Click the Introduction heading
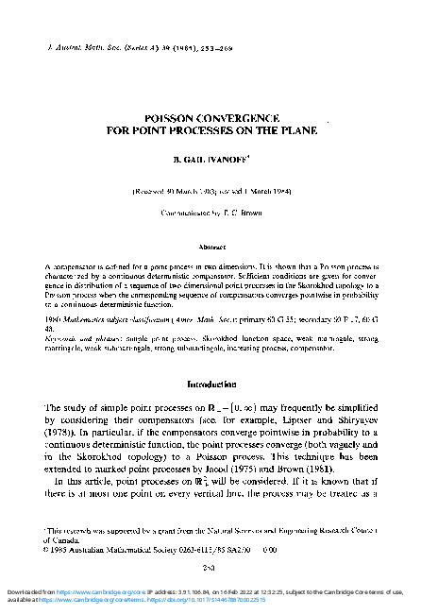[210, 384]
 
